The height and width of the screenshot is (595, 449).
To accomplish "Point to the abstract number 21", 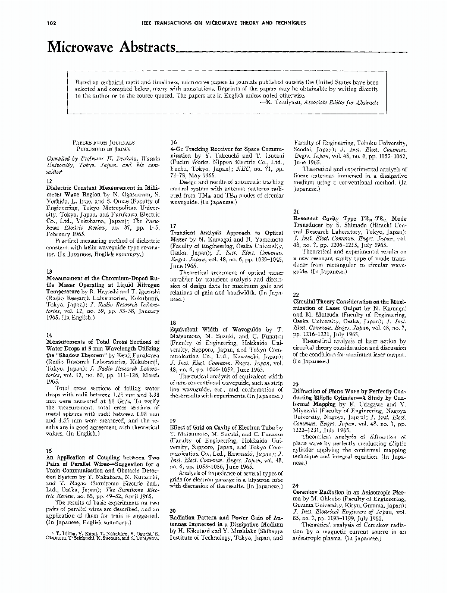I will point(296,211).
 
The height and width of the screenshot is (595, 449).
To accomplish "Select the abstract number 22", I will point(296,295).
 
